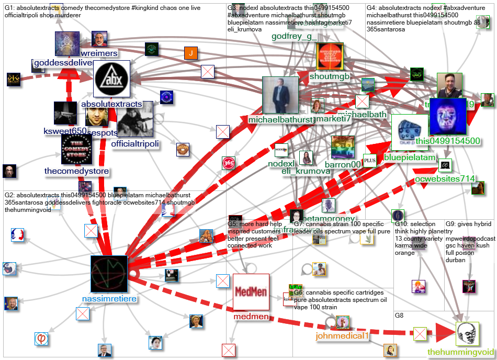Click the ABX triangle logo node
pos(111,79)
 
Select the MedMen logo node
pos(251,292)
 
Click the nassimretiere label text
pos(109,299)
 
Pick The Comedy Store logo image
pos(76,150)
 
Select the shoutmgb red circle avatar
pos(330,56)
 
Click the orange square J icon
pos(191,53)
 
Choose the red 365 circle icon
pos(229,163)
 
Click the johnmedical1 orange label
pos(342,335)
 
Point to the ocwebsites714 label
pos(445,179)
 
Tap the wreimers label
pos(99,53)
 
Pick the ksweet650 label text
pos(65,131)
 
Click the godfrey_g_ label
pos(294,36)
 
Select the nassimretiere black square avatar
pos(109,274)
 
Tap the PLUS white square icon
pos(370,160)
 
